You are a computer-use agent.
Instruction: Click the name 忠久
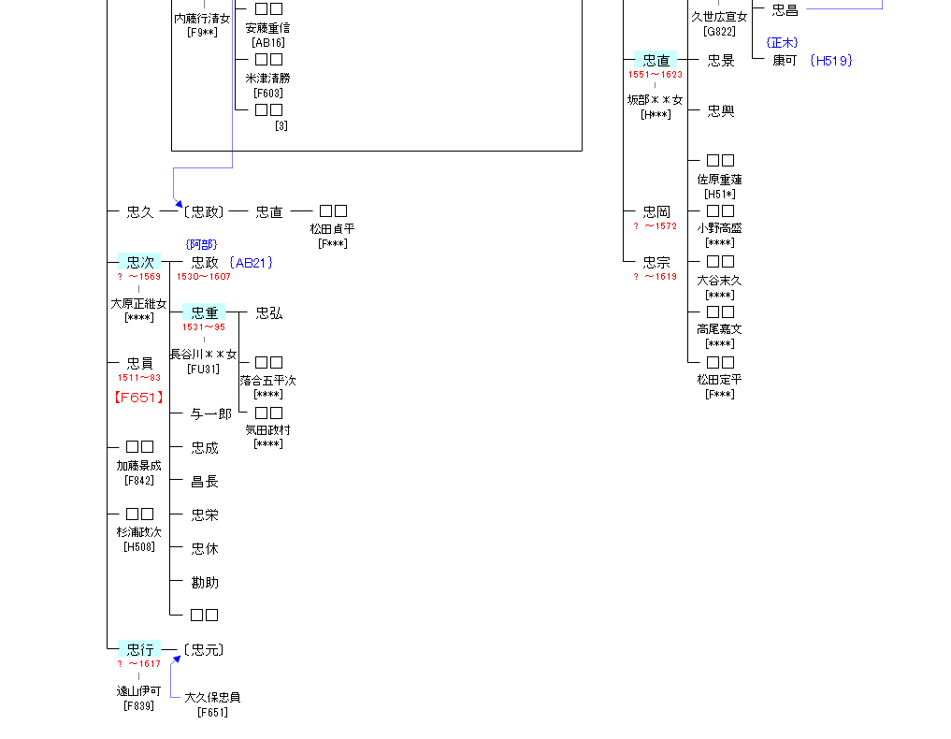(x=139, y=212)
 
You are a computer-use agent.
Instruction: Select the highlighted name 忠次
(x=139, y=263)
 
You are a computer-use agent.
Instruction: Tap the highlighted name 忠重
(x=204, y=313)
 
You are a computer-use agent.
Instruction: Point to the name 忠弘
(x=269, y=313)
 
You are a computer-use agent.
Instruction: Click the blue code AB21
(x=251, y=263)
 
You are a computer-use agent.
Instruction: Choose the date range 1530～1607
(x=204, y=277)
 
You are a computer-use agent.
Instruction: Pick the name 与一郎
(x=210, y=414)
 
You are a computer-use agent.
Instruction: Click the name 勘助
(x=205, y=583)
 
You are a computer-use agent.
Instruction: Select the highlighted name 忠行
(x=139, y=650)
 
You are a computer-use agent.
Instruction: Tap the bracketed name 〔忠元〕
(x=203, y=650)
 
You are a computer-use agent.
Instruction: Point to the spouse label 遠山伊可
(x=138, y=691)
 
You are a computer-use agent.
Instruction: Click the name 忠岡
(x=656, y=212)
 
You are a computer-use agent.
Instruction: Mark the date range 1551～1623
(x=655, y=75)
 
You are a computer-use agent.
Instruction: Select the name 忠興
(x=721, y=111)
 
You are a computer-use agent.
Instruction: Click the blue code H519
(x=831, y=61)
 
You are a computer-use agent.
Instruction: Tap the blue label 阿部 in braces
(x=201, y=245)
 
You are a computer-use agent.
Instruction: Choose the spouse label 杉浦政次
(x=138, y=532)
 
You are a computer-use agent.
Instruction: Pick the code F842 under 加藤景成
(x=139, y=481)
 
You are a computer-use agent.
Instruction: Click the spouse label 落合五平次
(x=267, y=381)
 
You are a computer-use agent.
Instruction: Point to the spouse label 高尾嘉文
(x=719, y=329)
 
